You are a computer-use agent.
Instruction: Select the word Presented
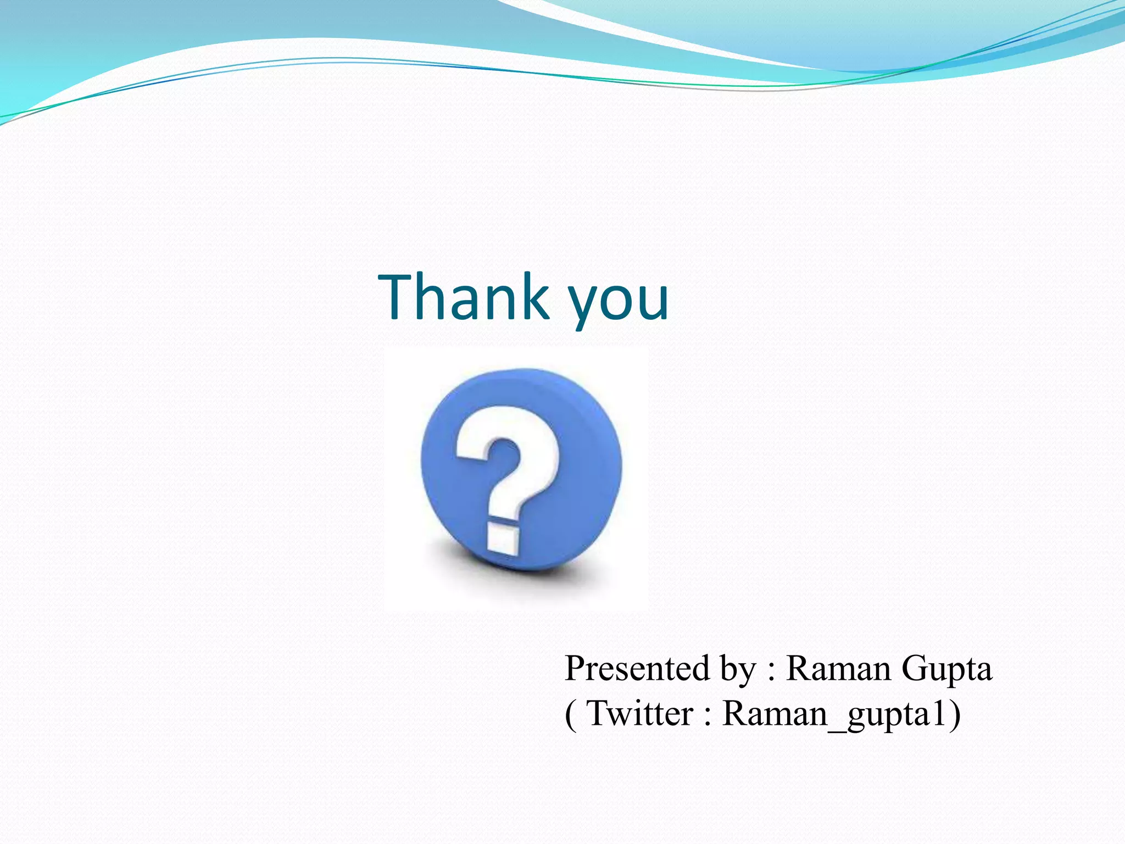[637, 669]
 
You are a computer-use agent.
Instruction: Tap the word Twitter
[640, 714]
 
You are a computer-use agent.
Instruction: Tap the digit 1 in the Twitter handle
[939, 713]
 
